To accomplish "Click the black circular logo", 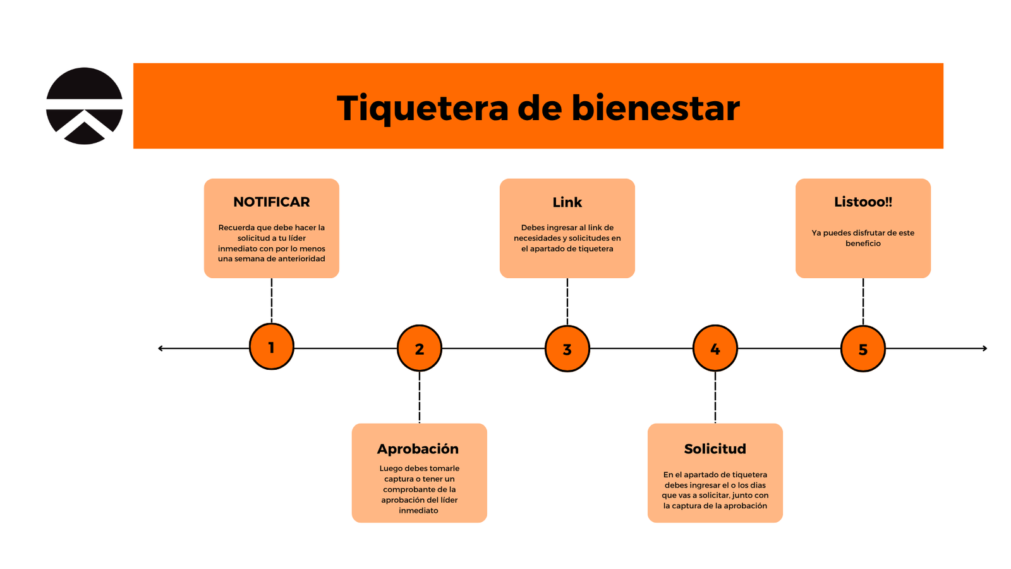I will tap(84, 106).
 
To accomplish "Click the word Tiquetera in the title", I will tap(422, 108).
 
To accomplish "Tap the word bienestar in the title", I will tap(655, 108).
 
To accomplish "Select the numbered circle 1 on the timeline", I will tap(272, 346).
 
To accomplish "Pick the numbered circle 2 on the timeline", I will tap(420, 348).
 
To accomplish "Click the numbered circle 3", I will tap(567, 349).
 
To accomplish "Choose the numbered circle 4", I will tap(715, 348).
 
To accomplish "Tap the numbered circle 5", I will tap(863, 349).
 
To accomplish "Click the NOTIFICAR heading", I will tap(272, 202).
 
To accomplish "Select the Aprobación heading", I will tap(418, 449).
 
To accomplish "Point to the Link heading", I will tap(567, 202).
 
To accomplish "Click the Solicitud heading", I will tap(715, 449).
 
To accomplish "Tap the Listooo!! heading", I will tap(863, 202).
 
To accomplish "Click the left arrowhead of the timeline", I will tap(161, 348).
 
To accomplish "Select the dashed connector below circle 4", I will tap(715, 397).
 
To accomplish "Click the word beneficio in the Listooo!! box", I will tap(863, 243).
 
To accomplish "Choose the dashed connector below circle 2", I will tap(420, 397).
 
